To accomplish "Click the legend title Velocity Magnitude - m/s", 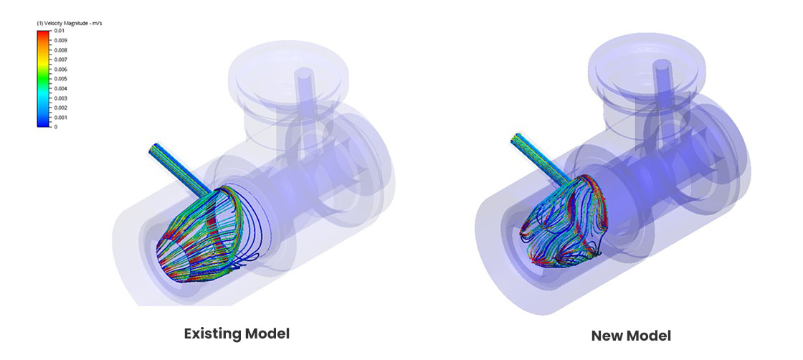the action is click(x=69, y=24).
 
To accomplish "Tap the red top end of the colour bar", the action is click(x=44, y=32).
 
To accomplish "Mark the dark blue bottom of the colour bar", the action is click(x=44, y=125).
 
